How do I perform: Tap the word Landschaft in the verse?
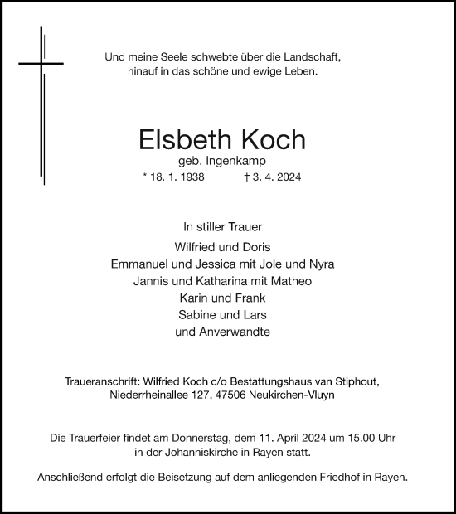(312, 57)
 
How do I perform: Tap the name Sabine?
(196, 315)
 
